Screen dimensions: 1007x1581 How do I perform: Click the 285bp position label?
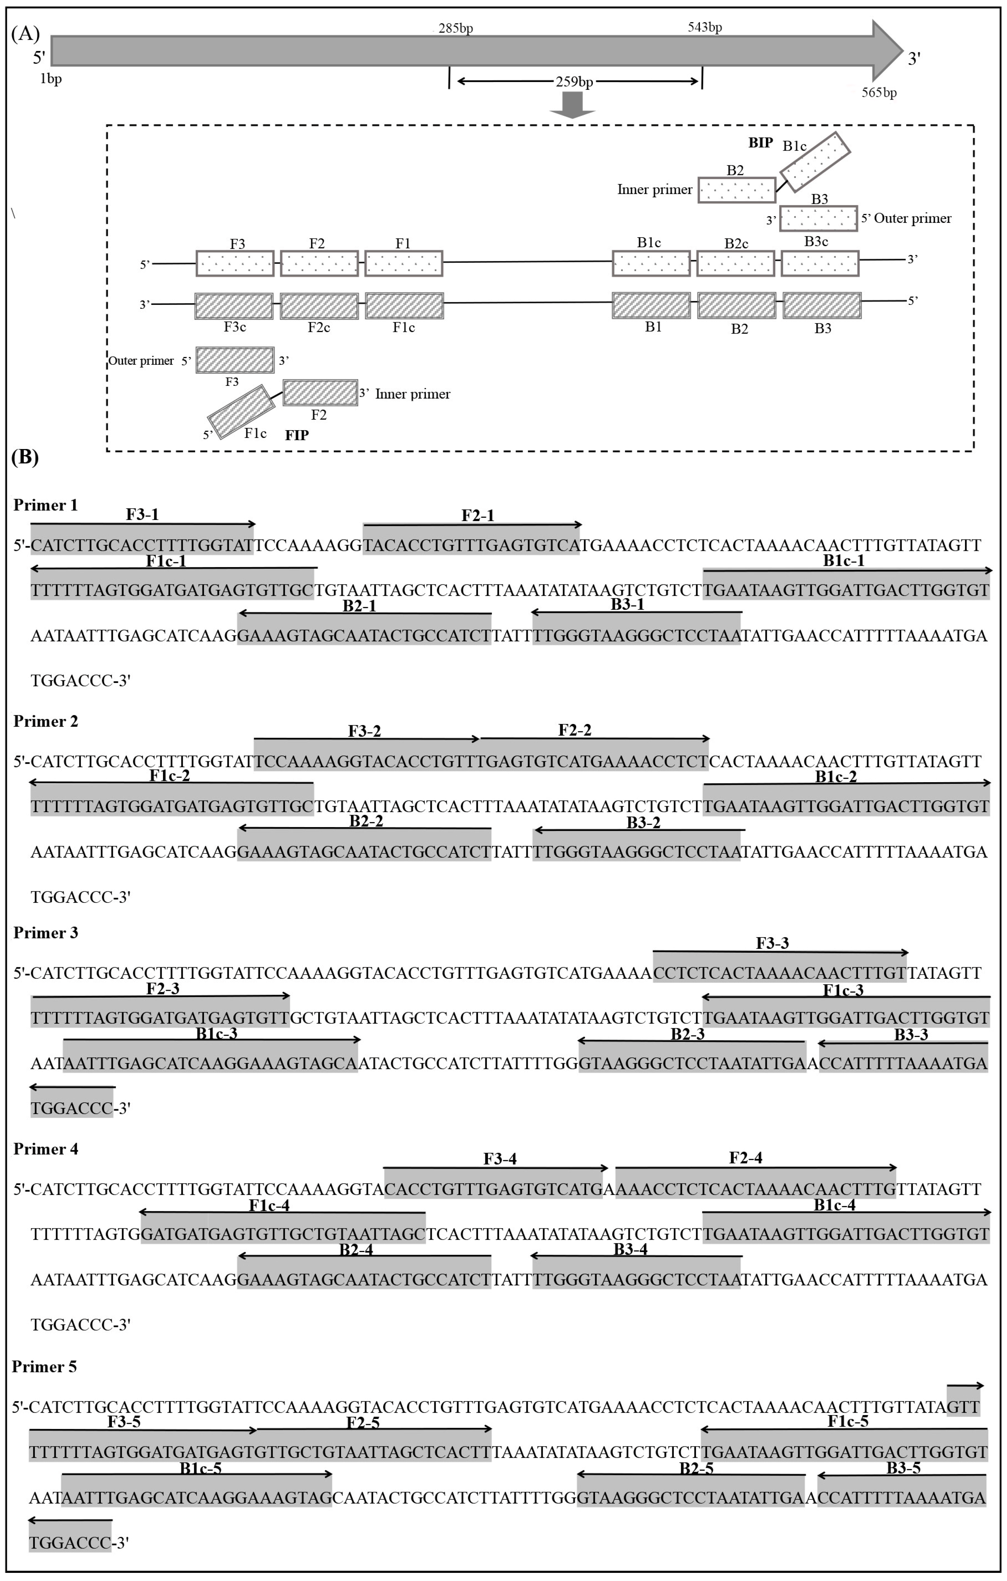point(456,28)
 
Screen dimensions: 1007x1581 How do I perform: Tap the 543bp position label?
point(705,27)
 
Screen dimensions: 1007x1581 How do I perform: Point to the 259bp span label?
point(574,81)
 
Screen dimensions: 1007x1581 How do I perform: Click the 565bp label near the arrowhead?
point(879,93)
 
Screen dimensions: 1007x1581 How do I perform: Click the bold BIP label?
point(760,143)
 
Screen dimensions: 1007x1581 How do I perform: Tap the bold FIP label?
point(297,435)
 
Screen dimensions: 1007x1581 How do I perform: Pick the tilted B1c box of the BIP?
point(815,161)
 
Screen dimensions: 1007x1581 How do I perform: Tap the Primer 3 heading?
point(45,932)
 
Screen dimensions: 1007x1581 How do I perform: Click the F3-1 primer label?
point(143,514)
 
